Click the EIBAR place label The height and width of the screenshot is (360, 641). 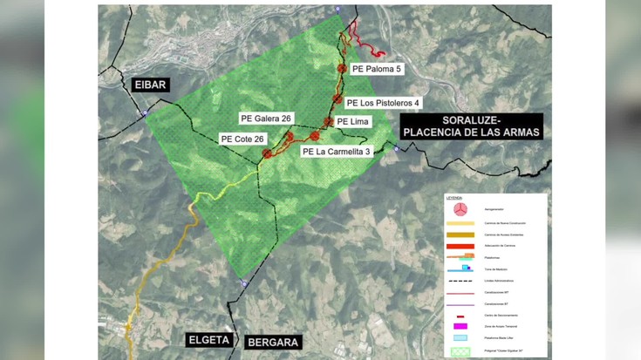pos(150,85)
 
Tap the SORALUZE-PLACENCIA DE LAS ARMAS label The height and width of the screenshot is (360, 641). pos(469,126)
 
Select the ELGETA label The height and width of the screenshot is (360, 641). pos(209,341)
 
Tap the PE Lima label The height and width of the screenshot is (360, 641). pos(353,122)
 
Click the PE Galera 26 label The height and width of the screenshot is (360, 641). pos(266,118)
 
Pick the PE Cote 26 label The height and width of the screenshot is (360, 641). pos(242,139)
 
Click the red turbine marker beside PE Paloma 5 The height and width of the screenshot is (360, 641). pos(343,67)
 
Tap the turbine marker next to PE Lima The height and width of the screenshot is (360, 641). pos(329,122)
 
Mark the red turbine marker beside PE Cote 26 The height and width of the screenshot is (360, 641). pos(268,153)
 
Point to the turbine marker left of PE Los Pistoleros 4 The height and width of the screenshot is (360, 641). pos(338,102)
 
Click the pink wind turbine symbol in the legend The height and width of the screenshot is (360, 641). pos(462,210)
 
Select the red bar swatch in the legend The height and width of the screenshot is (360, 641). pos(462,246)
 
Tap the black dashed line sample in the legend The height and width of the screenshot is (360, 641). pos(462,280)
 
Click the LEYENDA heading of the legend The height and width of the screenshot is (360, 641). pos(456,199)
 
